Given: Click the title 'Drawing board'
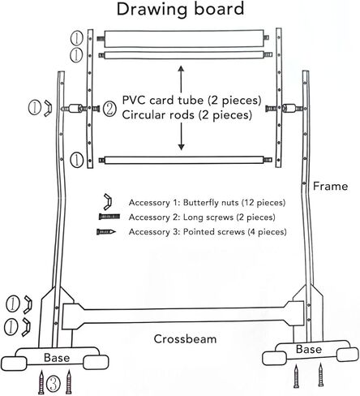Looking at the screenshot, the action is [x=180, y=9].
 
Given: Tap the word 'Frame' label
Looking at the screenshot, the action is [x=330, y=187].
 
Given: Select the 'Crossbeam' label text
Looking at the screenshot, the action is [x=185, y=339].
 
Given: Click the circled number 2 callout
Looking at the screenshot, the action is [x=109, y=109].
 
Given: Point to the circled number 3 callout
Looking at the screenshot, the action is [x=54, y=383].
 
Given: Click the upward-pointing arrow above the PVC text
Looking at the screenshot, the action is [x=181, y=79].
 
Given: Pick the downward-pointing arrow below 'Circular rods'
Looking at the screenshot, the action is [x=181, y=136].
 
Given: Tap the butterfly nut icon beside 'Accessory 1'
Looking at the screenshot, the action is [x=108, y=201].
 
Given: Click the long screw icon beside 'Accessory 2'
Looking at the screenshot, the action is [x=109, y=217].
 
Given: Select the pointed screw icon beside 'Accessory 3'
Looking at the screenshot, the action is [x=106, y=232].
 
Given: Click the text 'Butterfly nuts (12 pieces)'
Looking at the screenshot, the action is [x=234, y=203].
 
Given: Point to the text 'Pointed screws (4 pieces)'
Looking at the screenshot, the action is [x=235, y=232].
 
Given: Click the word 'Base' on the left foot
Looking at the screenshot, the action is [x=57, y=358].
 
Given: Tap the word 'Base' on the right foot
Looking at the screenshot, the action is [x=309, y=349].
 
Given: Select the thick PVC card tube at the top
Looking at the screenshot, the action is [x=184, y=38].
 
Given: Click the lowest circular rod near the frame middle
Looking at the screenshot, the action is [x=184, y=160].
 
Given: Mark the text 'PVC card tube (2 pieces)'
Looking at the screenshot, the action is [x=192, y=101].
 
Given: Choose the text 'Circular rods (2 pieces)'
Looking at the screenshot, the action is [x=187, y=115].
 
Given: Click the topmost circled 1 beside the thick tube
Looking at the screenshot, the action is [x=77, y=38].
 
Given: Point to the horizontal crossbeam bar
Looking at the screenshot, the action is [x=183, y=316].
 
